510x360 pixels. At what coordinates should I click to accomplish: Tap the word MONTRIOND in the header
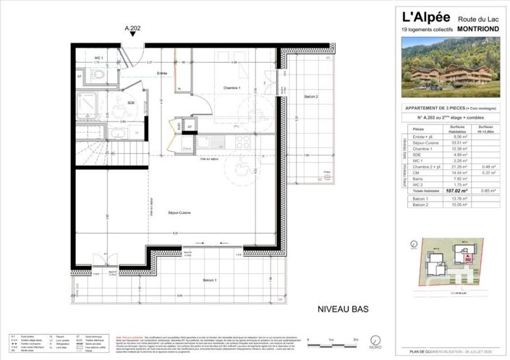point(475,30)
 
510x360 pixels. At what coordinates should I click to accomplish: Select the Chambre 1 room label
point(231,87)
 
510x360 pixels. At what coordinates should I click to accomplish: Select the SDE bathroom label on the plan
point(130,103)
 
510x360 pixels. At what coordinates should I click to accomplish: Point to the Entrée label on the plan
point(163,73)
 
